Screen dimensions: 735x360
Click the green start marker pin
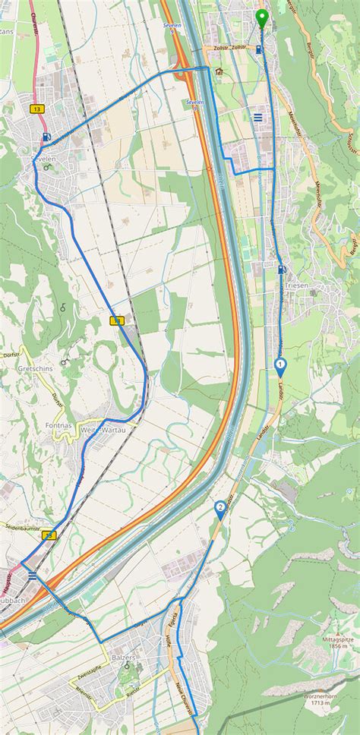point(262,17)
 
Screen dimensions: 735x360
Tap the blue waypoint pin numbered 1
point(281,367)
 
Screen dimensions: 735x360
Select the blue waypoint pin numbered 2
point(220,508)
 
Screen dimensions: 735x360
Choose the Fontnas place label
point(58,426)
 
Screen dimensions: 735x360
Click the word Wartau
point(114,430)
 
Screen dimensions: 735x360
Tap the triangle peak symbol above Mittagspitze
point(339,630)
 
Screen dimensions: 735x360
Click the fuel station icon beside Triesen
point(282,269)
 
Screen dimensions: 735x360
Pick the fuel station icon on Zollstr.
point(261,50)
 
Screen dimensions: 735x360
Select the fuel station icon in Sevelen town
point(47,137)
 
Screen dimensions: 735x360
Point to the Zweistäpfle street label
point(90,674)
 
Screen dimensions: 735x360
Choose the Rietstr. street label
point(134,692)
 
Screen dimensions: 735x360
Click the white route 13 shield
point(37,109)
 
